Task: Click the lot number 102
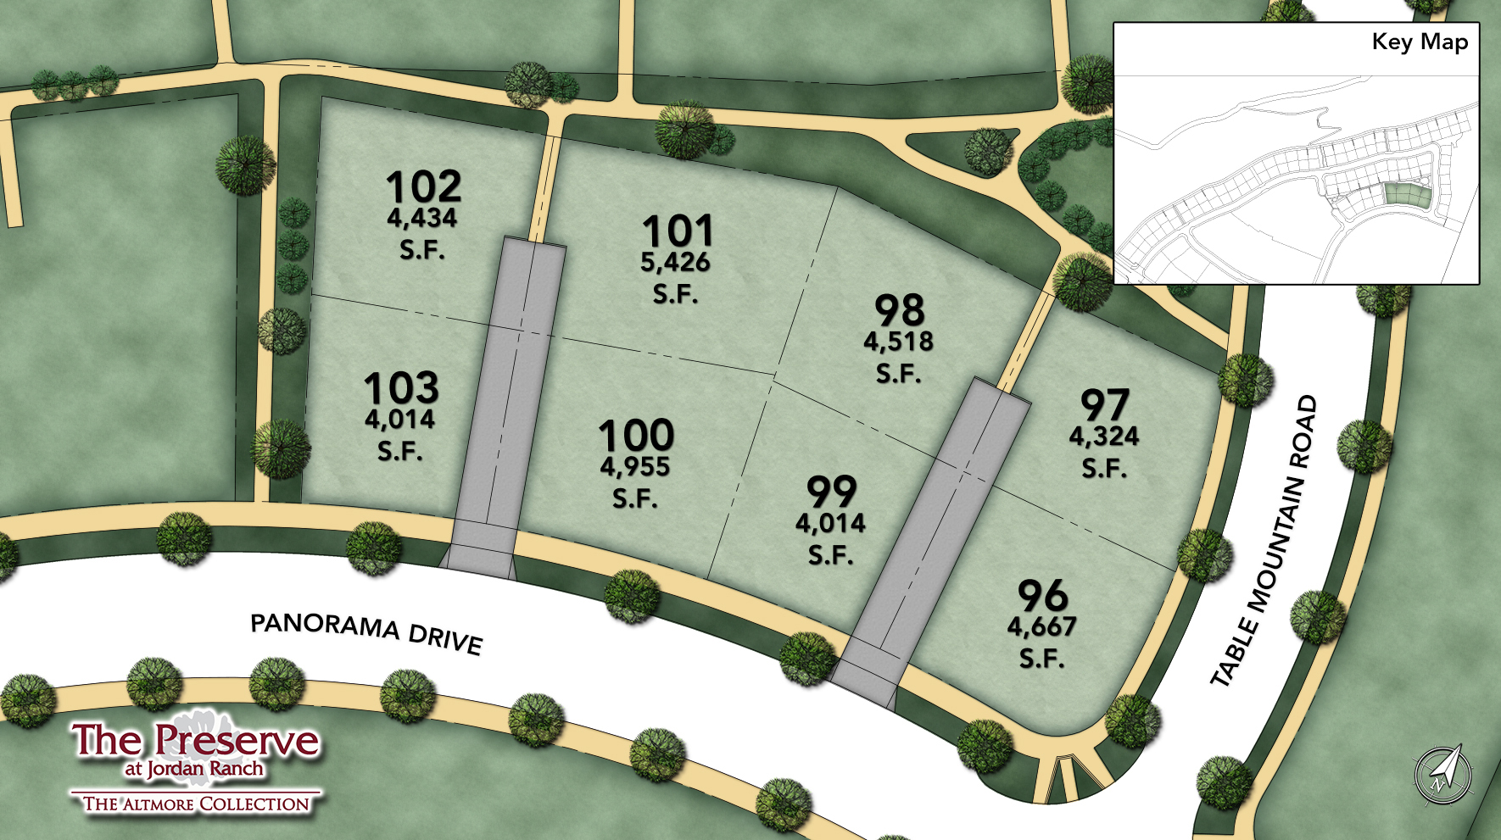423,186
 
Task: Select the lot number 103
401,388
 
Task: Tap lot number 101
677,231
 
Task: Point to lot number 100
636,436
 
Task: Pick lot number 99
831,492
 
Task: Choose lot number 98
899,310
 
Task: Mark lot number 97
1104,405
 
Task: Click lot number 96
1042,596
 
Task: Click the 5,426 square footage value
675,263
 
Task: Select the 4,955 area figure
635,467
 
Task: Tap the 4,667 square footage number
1041,627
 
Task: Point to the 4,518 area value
898,342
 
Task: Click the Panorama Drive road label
366,631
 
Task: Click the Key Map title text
1420,42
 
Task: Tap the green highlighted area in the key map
1407,195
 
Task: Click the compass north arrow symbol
1444,773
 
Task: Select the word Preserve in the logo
237,740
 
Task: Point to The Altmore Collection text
196,804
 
